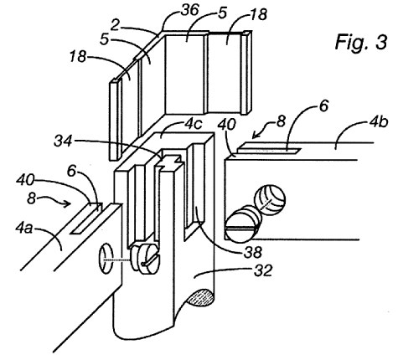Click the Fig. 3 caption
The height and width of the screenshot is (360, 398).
[x=361, y=42]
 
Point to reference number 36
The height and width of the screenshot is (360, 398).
[x=189, y=11]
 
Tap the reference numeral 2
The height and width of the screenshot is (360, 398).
[x=116, y=25]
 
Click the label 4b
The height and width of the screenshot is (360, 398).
[x=379, y=121]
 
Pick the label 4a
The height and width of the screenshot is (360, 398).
[x=24, y=228]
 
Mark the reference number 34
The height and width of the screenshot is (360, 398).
[x=63, y=141]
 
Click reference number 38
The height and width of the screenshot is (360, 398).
[x=253, y=252]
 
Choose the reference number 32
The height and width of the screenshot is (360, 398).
[x=262, y=270]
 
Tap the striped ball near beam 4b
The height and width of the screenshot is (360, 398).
[x=270, y=200]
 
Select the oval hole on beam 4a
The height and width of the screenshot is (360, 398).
[x=106, y=259]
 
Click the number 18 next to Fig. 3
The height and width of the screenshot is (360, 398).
[x=258, y=14]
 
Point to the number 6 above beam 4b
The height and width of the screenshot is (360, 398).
[x=323, y=106]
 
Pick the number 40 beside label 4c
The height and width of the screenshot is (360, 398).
[x=227, y=125]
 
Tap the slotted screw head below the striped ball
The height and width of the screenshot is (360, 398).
[x=242, y=227]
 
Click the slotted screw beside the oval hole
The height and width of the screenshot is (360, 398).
[x=146, y=259]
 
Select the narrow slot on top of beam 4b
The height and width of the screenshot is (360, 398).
[x=269, y=148]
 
